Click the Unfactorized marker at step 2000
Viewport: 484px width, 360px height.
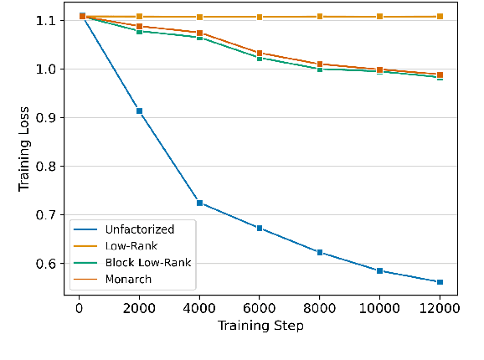click(139, 111)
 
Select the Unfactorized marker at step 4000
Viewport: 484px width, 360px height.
click(199, 203)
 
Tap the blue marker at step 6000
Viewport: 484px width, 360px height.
click(260, 228)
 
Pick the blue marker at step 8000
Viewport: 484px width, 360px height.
click(319, 252)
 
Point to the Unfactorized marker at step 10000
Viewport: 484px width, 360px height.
click(379, 270)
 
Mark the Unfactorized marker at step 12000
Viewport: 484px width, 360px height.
click(440, 282)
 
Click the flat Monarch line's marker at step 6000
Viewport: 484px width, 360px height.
click(260, 17)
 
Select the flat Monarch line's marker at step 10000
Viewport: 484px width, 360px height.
click(379, 17)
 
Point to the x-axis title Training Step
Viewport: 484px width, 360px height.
click(260, 326)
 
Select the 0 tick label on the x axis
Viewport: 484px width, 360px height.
click(79, 307)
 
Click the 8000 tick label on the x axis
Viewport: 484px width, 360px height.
click(319, 307)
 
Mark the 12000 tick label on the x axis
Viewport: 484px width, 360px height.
click(440, 307)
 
